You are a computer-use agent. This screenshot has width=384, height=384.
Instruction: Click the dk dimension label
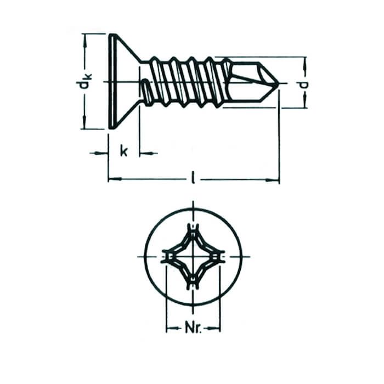click(x=84, y=81)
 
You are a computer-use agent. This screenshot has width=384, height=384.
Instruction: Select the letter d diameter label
click(x=304, y=84)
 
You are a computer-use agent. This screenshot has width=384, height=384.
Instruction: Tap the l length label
click(x=194, y=178)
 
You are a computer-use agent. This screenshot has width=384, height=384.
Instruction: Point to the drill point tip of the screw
click(x=278, y=83)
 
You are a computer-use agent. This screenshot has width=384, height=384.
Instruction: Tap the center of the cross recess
click(x=193, y=257)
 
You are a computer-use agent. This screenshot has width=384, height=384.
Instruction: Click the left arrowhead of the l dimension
click(x=115, y=179)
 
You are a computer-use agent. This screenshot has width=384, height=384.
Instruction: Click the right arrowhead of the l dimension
click(x=272, y=180)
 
